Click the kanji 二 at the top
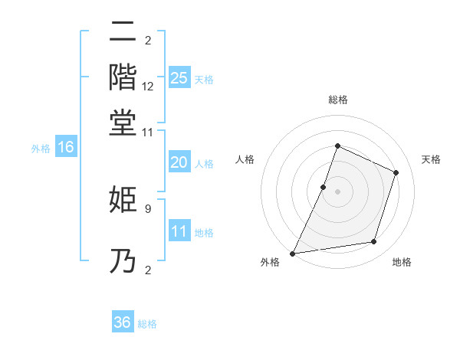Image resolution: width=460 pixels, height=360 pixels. pyautogui.click(x=123, y=34)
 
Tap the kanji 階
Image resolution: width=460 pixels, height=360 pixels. pyautogui.click(x=123, y=77)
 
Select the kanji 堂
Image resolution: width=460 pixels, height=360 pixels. pyautogui.click(x=123, y=122)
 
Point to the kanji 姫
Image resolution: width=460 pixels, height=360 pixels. pyautogui.click(x=123, y=199)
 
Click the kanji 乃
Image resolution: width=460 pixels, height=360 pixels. pyautogui.click(x=123, y=261)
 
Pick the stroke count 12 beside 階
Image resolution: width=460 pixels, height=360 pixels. pyautogui.click(x=148, y=87)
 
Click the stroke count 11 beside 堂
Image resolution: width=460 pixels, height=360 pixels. pyautogui.click(x=148, y=132)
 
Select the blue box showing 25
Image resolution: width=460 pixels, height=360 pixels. pyautogui.click(x=179, y=77)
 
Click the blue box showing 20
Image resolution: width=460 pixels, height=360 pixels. pyautogui.click(x=179, y=162)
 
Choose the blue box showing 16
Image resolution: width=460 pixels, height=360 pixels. pyautogui.click(x=66, y=148)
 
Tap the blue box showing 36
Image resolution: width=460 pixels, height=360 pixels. pyautogui.click(x=123, y=322)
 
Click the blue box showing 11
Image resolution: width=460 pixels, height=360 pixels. pyautogui.click(x=179, y=231)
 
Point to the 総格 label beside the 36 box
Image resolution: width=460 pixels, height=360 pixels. pyautogui.click(x=147, y=324)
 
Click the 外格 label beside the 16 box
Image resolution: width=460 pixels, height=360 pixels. pyautogui.click(x=41, y=149)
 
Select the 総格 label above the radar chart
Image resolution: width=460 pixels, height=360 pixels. pyautogui.click(x=337, y=100)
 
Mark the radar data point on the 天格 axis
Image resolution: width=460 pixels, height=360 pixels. pyautogui.click(x=396, y=172)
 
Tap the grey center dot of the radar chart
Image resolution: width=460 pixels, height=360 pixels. pyautogui.click(x=337, y=191)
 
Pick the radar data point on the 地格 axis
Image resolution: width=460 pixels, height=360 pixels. pyautogui.click(x=374, y=242)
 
